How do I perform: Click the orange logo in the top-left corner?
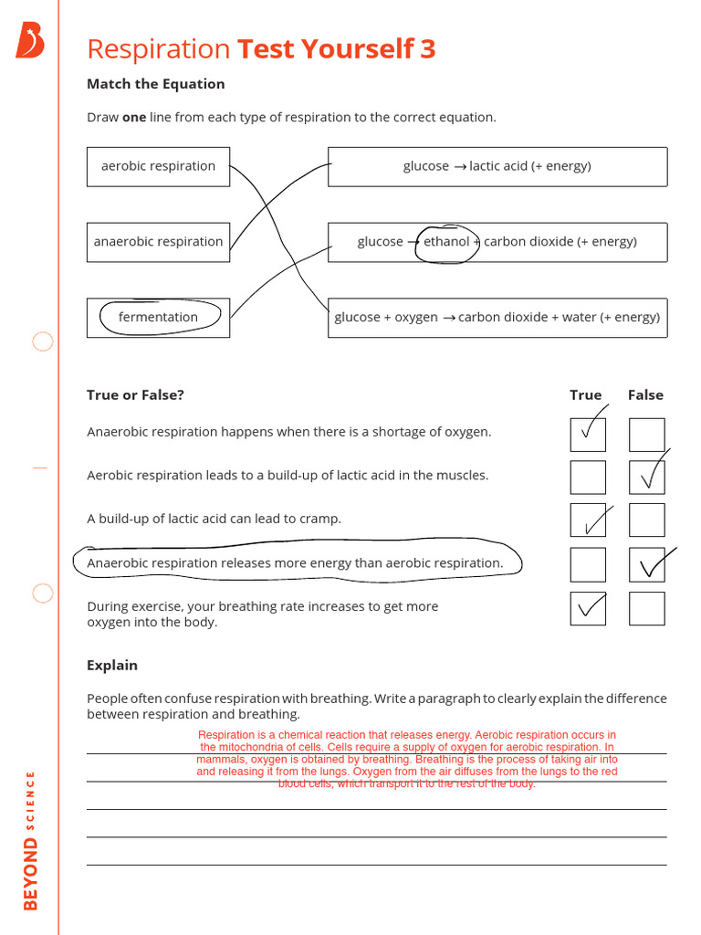[x=29, y=41]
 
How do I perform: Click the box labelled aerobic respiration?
[x=158, y=166]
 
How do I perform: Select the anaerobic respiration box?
[x=158, y=242]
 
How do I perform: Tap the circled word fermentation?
[x=158, y=317]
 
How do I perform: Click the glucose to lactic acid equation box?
[x=497, y=166]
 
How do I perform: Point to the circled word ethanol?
[x=446, y=242]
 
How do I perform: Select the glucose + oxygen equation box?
[x=497, y=317]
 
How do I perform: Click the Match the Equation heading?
[x=155, y=84]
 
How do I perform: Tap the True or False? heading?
[x=135, y=395]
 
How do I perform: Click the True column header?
[x=585, y=395]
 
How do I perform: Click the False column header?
[x=645, y=395]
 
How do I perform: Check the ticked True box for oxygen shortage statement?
[x=588, y=434]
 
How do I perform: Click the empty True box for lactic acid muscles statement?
[x=588, y=477]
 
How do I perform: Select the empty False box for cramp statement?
[x=646, y=520]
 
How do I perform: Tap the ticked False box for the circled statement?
[x=646, y=564]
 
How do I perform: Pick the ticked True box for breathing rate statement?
[x=588, y=608]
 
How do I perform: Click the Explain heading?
[x=112, y=666]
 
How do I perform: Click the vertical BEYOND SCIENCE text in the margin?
[x=31, y=840]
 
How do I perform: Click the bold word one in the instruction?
[x=134, y=118]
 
